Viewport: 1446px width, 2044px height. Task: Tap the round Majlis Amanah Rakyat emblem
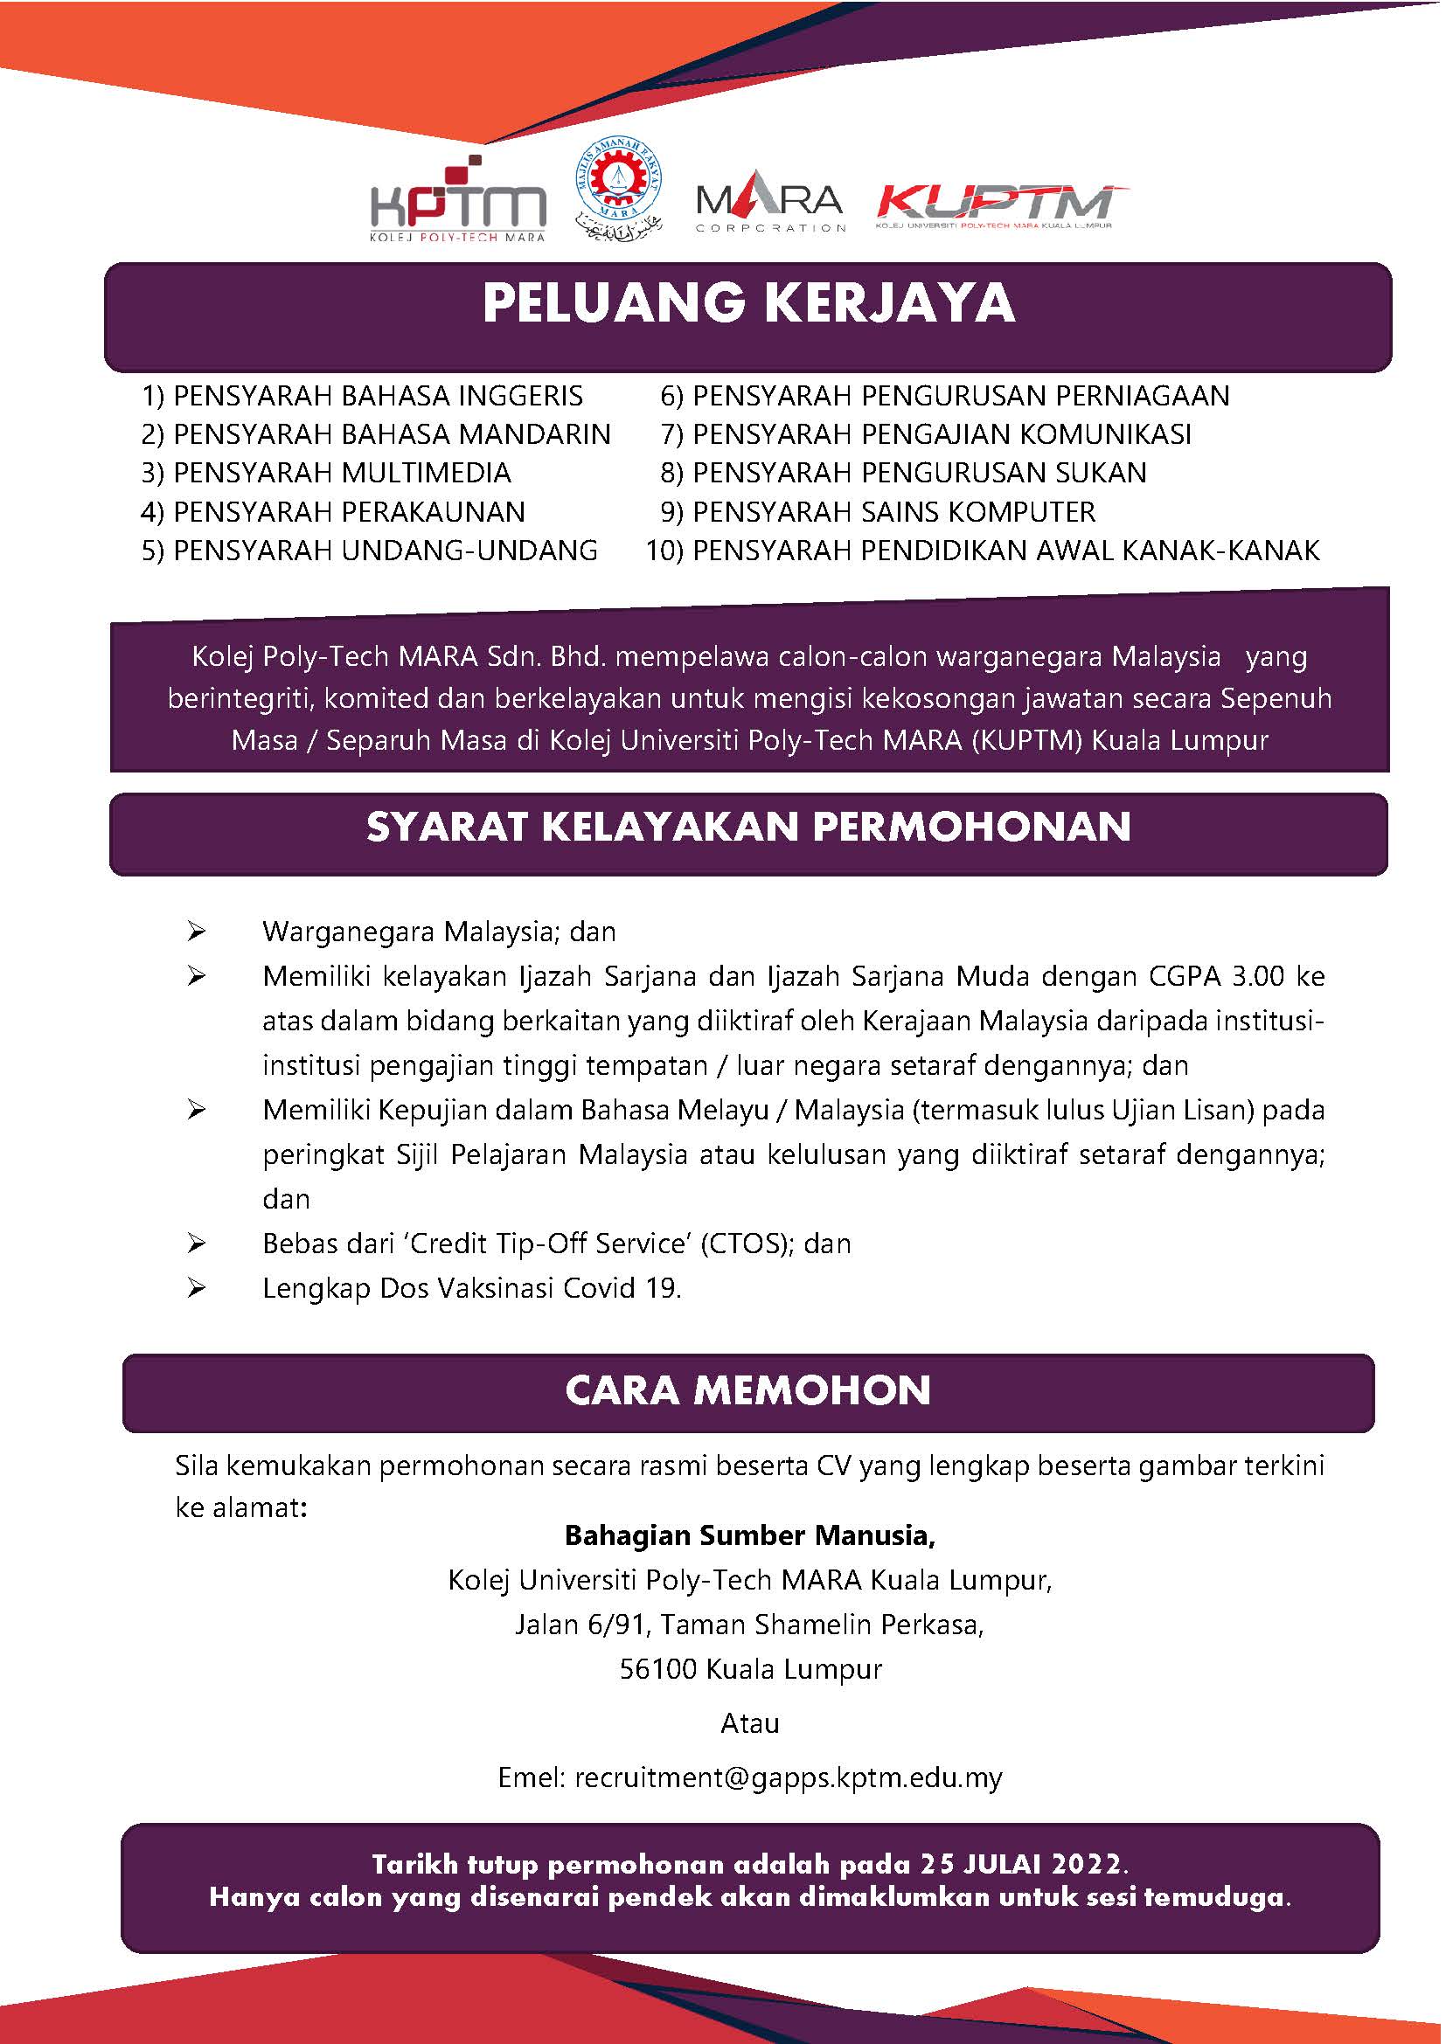[620, 191]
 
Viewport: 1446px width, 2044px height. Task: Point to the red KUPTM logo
[1002, 205]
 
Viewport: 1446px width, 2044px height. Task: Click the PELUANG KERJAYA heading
[748, 304]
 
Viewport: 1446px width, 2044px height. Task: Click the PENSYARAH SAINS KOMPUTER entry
[893, 512]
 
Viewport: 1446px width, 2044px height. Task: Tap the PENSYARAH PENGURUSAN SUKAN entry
[919, 473]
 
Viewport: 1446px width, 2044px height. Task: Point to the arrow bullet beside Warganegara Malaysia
[197, 932]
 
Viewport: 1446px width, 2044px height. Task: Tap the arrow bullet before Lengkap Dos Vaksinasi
[197, 1288]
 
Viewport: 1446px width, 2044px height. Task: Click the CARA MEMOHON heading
[748, 1390]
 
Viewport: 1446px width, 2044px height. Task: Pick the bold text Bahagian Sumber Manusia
[750, 1535]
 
